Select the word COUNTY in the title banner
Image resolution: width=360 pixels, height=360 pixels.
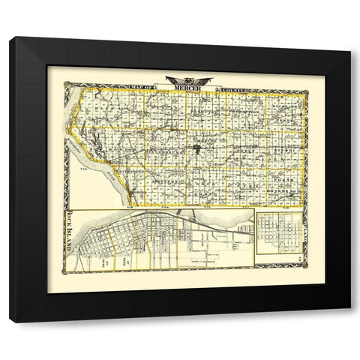click(228, 88)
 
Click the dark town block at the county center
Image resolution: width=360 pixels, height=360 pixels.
click(196, 149)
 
